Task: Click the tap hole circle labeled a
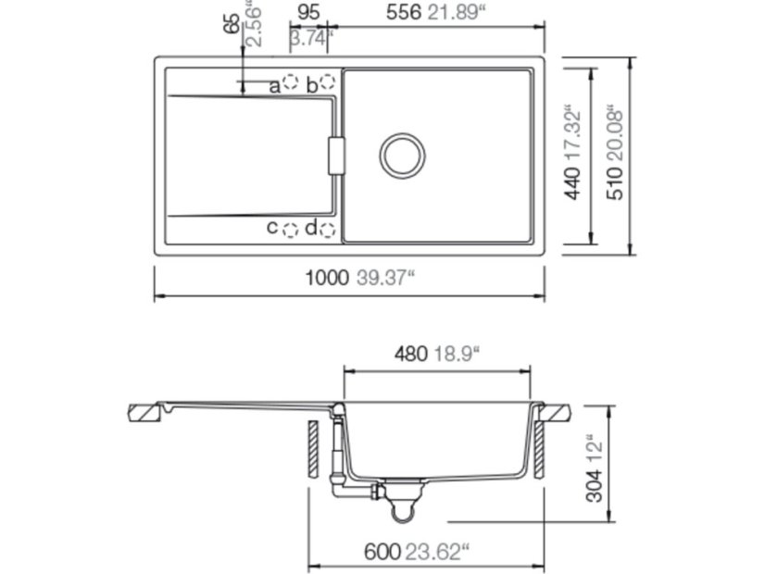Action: click(x=291, y=83)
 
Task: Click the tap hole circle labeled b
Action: click(x=327, y=83)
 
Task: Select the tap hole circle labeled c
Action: click(x=291, y=229)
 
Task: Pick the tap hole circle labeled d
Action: click(x=327, y=229)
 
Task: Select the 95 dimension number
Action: click(x=309, y=12)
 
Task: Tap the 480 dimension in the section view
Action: click(x=411, y=353)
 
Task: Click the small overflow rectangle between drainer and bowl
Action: click(x=337, y=155)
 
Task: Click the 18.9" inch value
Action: click(x=459, y=353)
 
